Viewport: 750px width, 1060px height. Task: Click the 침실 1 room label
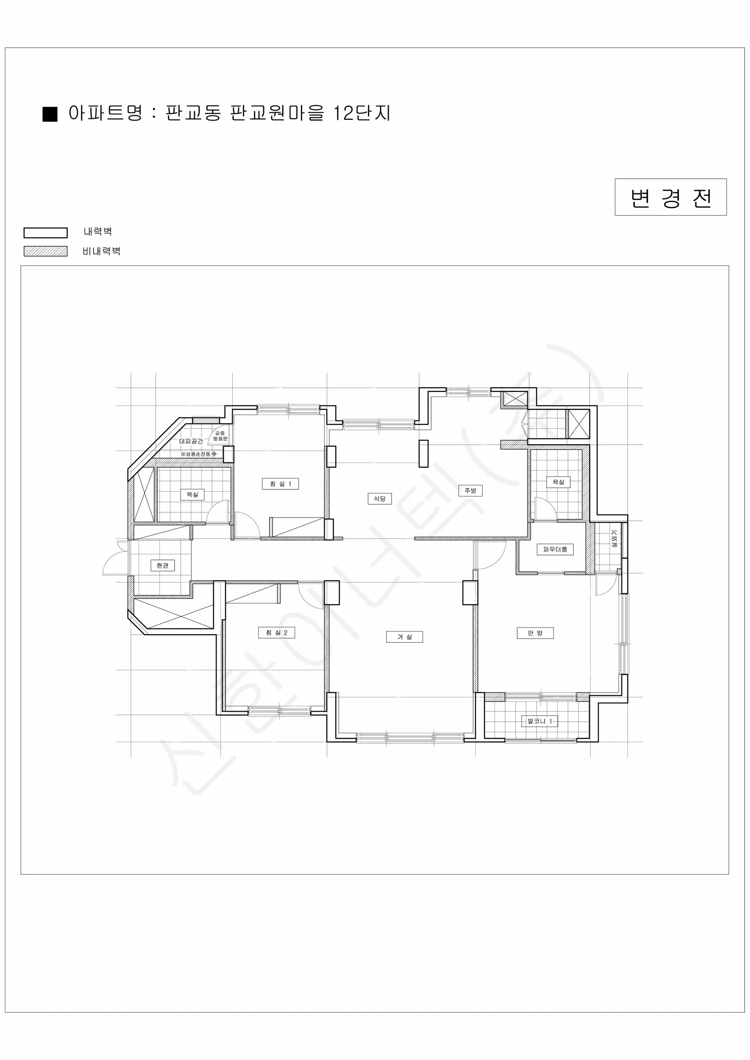click(280, 484)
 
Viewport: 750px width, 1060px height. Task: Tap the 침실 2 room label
click(276, 632)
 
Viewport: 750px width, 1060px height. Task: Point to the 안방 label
click(535, 633)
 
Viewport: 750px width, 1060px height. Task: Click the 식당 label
click(379, 499)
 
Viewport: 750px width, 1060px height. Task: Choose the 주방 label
click(470, 490)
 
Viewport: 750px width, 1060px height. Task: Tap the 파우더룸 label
click(555, 549)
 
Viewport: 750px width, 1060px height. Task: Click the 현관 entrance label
click(162, 565)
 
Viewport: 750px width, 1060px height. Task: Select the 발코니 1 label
click(539, 721)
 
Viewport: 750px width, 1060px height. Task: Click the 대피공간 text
click(191, 441)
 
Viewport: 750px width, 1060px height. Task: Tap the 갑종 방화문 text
click(220, 436)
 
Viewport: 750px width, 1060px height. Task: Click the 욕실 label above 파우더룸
click(558, 482)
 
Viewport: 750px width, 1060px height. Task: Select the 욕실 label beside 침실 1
click(192, 495)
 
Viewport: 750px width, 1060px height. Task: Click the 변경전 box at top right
click(670, 197)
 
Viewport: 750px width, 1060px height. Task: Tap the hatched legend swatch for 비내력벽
click(46, 251)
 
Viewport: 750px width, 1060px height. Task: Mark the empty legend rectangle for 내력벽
click(46, 233)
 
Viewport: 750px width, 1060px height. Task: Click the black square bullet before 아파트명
click(50, 114)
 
